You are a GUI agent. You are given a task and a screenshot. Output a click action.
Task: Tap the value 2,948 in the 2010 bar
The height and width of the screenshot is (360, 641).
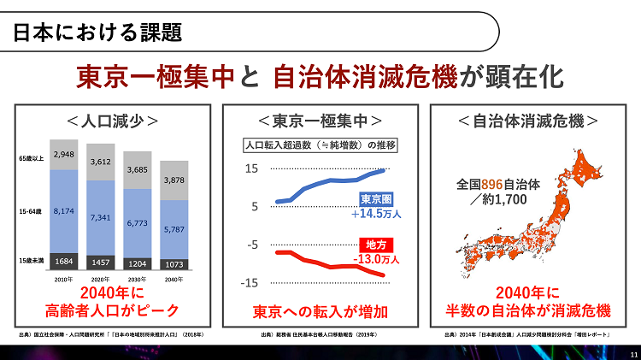coord(64,155)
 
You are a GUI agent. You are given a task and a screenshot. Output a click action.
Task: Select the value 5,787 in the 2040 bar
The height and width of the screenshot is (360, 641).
coord(174,230)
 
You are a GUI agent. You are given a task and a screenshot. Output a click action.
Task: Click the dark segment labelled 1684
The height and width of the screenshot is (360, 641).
coord(64,261)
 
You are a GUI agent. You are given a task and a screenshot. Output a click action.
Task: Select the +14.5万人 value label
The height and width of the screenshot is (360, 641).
coord(376,213)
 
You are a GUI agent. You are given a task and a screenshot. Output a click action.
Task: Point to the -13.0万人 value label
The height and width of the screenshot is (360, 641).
coord(376,258)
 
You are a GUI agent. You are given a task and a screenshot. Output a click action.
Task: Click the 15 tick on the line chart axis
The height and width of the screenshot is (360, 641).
coord(252,169)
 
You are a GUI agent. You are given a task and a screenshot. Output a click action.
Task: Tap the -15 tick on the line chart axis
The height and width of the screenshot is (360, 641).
coord(250,283)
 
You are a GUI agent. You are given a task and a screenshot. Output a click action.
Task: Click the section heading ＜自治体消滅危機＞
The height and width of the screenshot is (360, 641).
coord(528,121)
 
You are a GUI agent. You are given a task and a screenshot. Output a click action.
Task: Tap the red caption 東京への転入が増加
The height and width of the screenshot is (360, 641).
coord(320,310)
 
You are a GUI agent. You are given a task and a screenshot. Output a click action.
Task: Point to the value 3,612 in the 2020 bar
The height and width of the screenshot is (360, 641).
coord(101,162)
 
